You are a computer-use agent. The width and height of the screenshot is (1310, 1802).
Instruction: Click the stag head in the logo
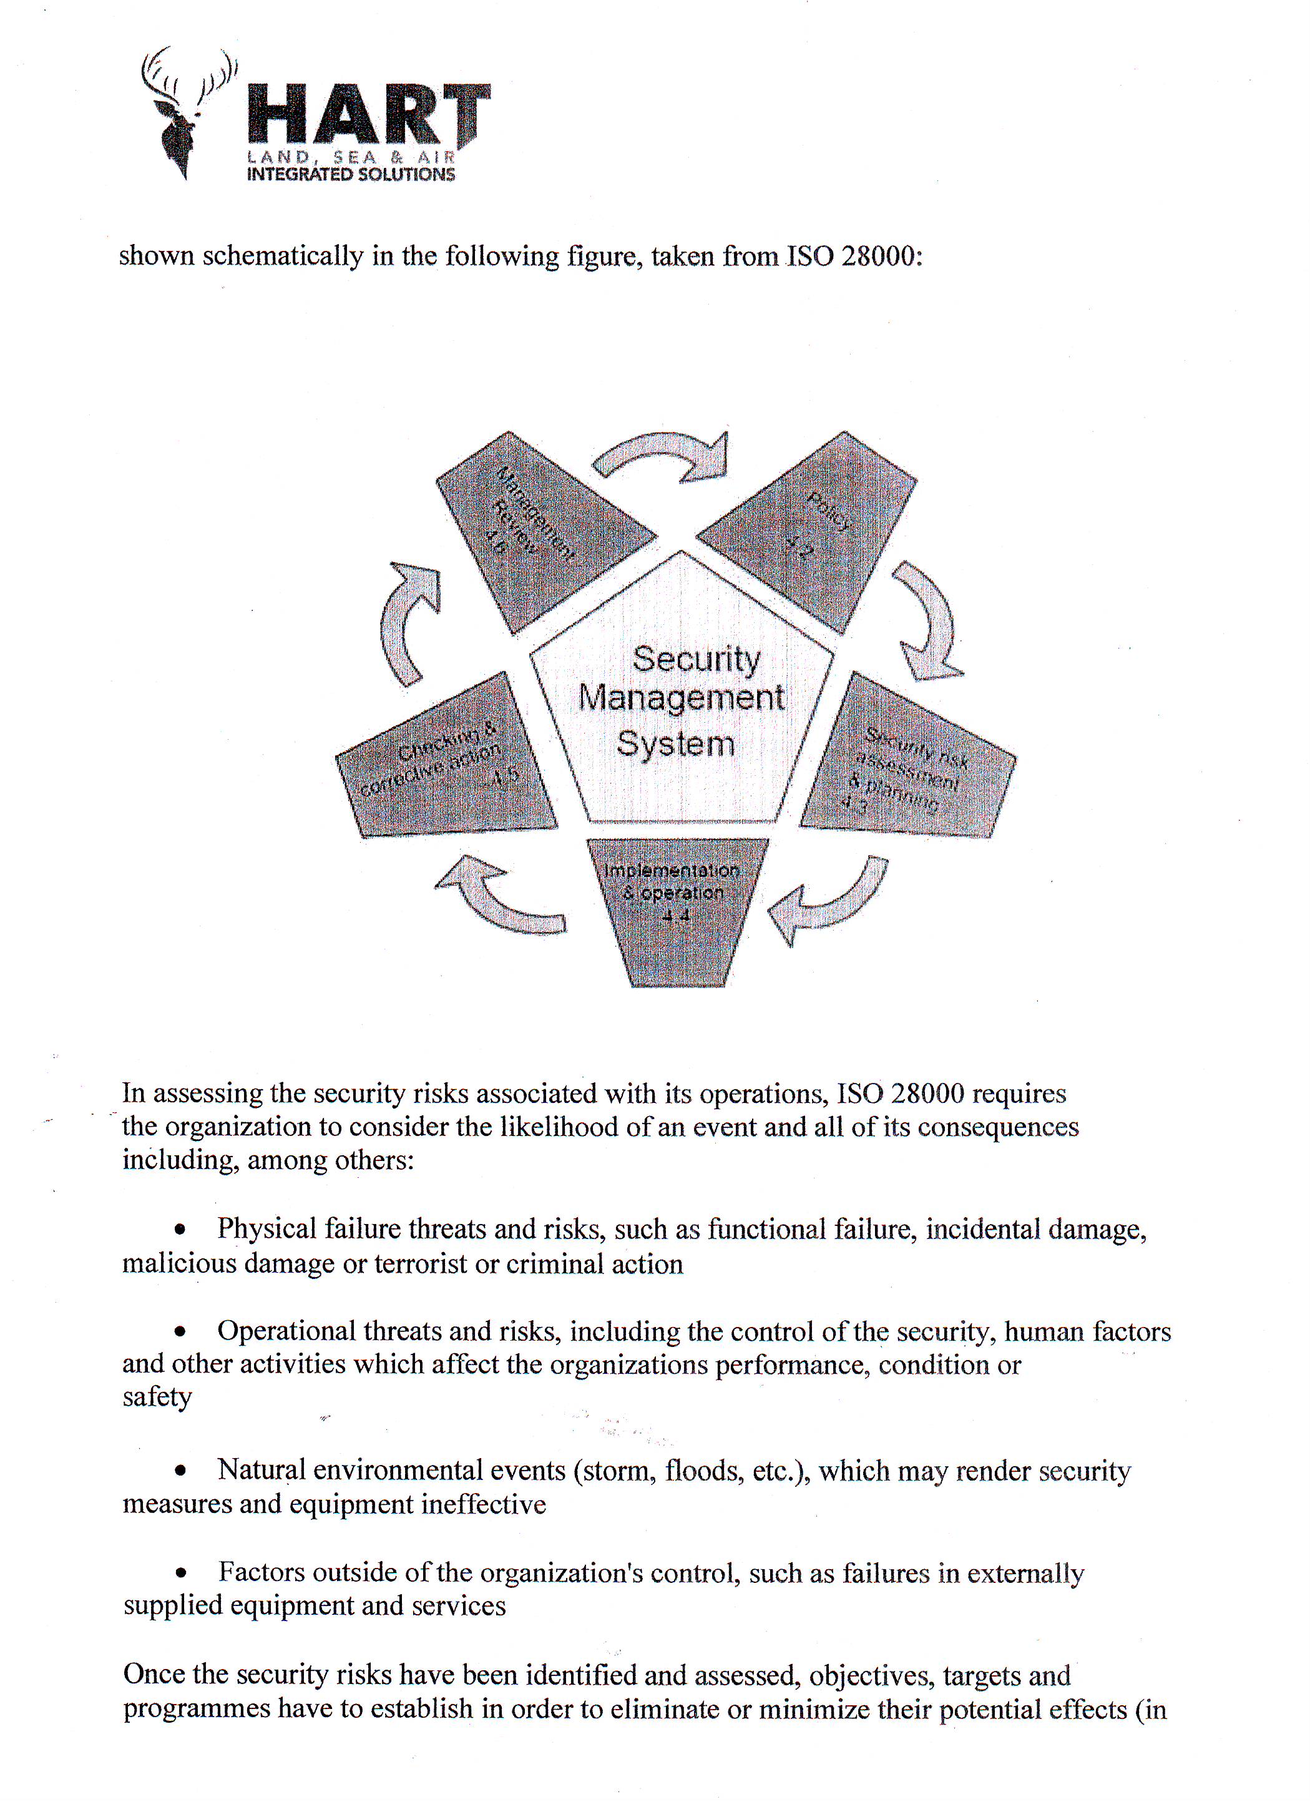point(178,119)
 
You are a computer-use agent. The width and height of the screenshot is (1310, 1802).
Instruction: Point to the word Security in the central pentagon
point(696,660)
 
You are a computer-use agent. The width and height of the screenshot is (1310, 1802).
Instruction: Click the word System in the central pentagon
point(675,743)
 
